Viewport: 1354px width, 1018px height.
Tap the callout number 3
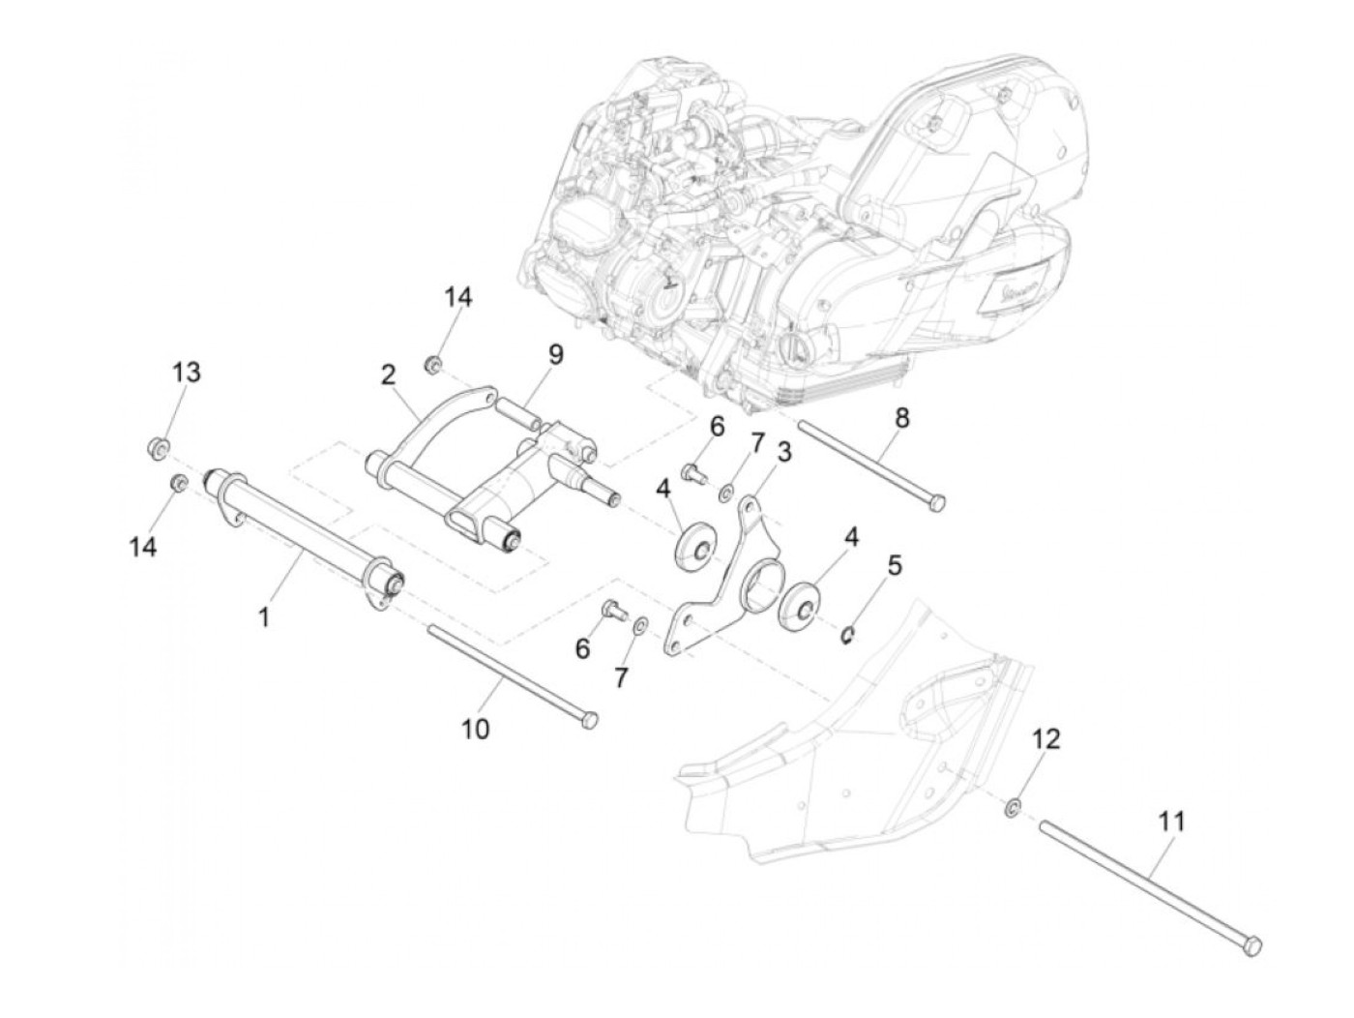783,451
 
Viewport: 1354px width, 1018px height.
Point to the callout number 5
895,564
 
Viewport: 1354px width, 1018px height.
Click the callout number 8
901,418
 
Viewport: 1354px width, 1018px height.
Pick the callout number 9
555,354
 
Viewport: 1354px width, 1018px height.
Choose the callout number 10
476,728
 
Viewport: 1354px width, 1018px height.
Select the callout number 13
187,372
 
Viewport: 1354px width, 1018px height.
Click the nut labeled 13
160,447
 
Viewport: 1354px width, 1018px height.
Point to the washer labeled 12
1012,806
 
